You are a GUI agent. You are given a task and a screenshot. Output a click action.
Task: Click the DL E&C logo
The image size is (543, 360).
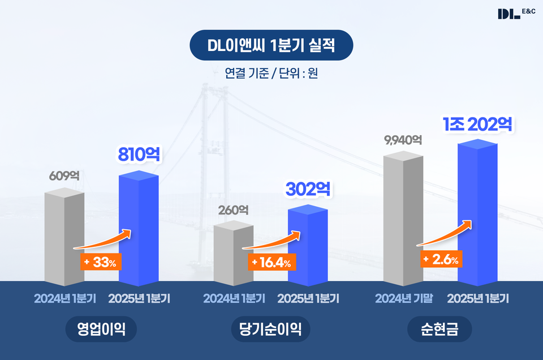point(516,13)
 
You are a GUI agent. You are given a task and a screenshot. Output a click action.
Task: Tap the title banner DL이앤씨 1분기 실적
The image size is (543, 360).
point(271,46)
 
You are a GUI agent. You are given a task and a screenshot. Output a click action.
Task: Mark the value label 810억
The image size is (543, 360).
point(139,154)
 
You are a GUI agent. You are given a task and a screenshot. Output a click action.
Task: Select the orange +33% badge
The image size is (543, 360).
point(101,263)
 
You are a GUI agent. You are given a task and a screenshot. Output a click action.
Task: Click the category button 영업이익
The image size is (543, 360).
point(101,329)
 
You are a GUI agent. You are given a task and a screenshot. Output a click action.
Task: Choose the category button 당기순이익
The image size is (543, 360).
point(271,329)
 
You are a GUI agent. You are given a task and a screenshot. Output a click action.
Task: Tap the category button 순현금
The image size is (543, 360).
point(439,329)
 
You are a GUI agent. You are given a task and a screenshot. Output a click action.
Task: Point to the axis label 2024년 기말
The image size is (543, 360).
point(403,298)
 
